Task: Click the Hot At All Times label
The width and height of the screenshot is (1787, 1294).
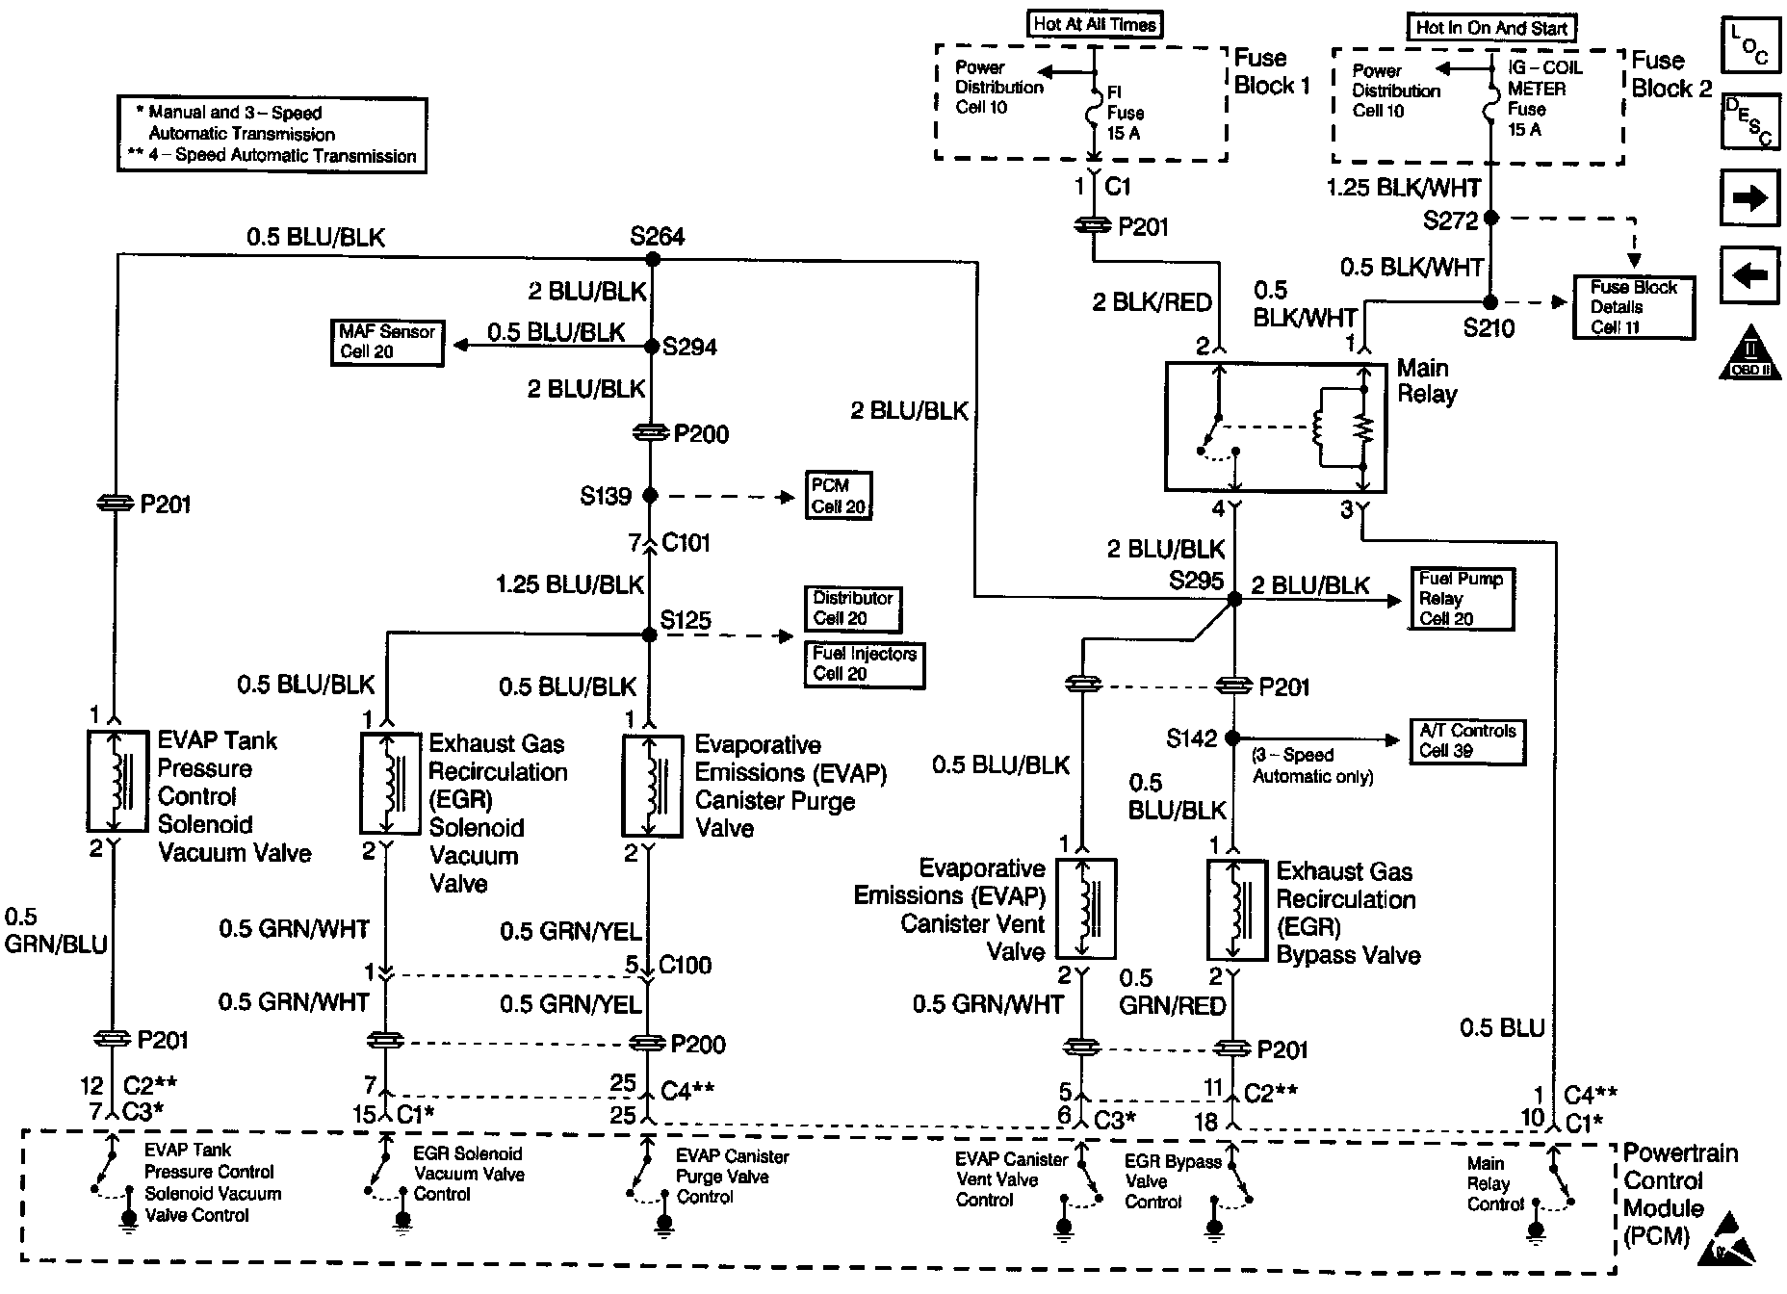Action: point(1094,25)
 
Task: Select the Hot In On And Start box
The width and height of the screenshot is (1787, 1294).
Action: point(1491,28)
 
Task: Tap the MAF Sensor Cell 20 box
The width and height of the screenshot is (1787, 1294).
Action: point(387,342)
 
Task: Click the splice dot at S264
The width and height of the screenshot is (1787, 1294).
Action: point(652,259)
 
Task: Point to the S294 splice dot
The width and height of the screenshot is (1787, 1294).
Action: point(652,347)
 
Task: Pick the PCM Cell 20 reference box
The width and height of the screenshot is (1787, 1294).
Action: point(839,496)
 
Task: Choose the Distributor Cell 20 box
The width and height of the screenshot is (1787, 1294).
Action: point(853,608)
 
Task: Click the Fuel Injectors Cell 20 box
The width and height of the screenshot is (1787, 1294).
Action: point(865,664)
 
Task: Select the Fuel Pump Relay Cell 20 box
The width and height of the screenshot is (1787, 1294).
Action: point(1461,599)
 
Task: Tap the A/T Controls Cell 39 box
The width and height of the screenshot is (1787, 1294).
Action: point(1467,741)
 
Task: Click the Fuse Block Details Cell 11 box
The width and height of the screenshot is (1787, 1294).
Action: point(1633,307)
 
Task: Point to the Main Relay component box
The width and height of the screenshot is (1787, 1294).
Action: point(1276,427)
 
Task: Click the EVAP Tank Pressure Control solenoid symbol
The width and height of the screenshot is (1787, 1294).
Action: point(117,781)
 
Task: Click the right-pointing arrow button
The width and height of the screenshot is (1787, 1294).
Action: point(1748,199)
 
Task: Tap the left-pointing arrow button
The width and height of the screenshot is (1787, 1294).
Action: point(1748,276)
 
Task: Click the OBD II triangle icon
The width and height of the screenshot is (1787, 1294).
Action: point(1749,354)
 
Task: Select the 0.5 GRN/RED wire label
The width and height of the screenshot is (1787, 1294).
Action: point(1171,993)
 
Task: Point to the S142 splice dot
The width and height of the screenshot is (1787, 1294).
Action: point(1233,738)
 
